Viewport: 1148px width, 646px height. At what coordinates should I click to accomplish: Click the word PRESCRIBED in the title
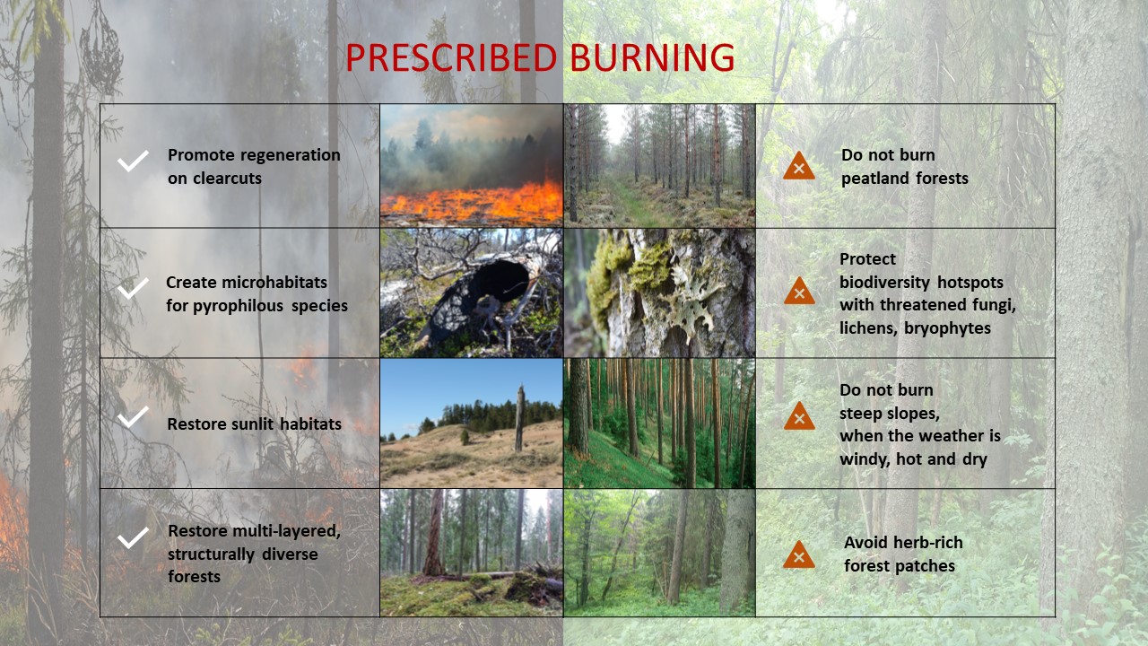point(451,57)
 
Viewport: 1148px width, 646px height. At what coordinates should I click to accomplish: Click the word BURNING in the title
point(652,57)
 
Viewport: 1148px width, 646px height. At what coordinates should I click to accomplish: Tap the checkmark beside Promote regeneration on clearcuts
point(133,161)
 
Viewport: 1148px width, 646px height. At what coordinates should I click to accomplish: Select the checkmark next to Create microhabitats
point(133,288)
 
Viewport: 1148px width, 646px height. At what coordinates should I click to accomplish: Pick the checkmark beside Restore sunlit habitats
point(133,417)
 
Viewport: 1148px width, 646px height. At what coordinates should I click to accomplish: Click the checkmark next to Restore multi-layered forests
point(133,537)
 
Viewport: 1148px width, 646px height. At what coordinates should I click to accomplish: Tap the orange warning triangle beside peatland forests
point(798,167)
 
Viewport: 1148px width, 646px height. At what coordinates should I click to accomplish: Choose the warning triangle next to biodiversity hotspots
point(799,292)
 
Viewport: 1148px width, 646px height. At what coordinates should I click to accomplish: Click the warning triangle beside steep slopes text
point(799,417)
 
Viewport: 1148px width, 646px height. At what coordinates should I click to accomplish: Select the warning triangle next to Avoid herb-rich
point(798,555)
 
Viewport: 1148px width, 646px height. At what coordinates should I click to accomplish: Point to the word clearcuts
point(227,179)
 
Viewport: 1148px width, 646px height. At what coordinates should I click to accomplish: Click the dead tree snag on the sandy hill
point(519,419)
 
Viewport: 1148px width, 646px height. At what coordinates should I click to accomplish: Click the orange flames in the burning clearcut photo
point(472,203)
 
